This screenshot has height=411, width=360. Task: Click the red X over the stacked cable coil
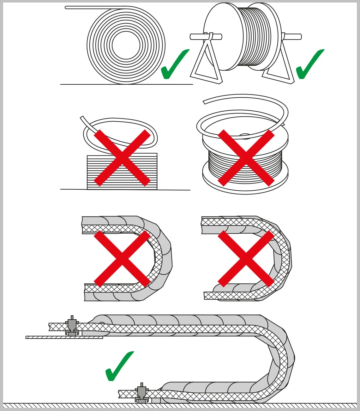[x=122, y=158]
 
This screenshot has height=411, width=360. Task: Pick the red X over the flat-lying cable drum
[x=246, y=158]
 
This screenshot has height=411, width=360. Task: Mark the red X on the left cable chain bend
[x=122, y=259]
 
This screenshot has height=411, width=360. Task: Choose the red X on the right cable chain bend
[x=246, y=259]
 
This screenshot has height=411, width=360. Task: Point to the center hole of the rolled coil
[x=126, y=45]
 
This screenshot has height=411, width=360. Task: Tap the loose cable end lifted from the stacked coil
[x=82, y=118]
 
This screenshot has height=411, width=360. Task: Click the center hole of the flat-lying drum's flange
[x=245, y=136]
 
